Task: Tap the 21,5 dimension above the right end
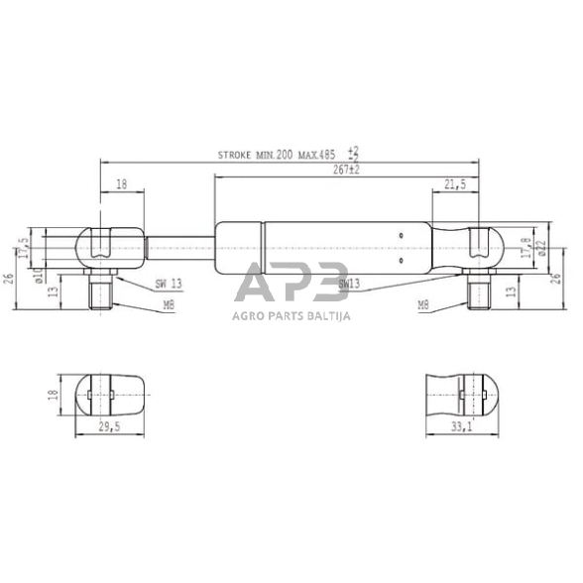pos(456,183)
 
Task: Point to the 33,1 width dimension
pos(461,428)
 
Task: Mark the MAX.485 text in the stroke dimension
pos(314,156)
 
